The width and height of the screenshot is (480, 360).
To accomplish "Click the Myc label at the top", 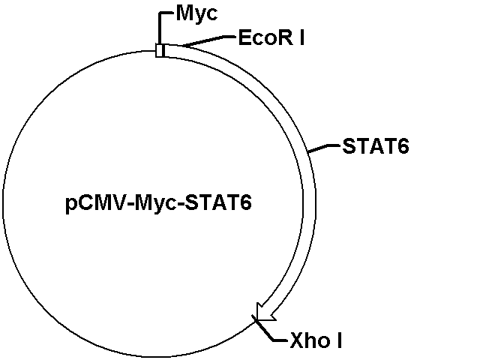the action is tap(196, 14).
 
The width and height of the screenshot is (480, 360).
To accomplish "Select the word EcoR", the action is tap(265, 37).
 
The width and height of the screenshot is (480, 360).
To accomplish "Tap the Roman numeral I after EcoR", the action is tap(301, 37).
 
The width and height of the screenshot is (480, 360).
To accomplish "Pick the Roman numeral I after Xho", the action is tap(339, 340).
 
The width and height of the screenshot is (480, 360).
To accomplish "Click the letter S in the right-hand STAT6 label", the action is tap(349, 146).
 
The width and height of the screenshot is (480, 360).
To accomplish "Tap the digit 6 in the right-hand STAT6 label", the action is tap(403, 146).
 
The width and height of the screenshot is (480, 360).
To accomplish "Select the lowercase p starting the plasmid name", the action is tap(70, 205).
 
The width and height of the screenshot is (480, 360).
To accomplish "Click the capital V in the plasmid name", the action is tap(125, 202).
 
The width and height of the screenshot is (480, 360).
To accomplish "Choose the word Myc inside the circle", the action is tap(155, 203).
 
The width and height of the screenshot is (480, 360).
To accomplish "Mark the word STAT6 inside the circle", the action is tap(218, 202).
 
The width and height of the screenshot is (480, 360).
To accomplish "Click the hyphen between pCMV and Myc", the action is tap(133, 205).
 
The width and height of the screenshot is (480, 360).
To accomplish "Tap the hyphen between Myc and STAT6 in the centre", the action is tap(181, 205).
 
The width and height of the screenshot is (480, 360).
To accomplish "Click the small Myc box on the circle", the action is tap(160, 50).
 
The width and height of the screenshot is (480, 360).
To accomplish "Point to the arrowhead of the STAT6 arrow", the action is tap(264, 313).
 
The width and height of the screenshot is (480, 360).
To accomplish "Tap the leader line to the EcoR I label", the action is tap(208, 40).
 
